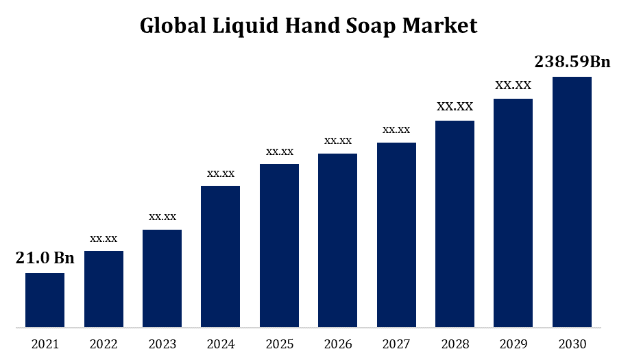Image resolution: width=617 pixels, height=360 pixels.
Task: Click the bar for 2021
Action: pyautogui.click(x=45, y=300)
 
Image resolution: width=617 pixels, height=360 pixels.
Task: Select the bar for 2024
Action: pyautogui.click(x=221, y=256)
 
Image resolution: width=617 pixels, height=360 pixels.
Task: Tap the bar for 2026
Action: pyautogui.click(x=337, y=240)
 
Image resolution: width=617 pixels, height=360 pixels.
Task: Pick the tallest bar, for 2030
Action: pyautogui.click(x=572, y=202)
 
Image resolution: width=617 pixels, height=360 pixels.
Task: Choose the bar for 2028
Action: pyautogui.click(x=455, y=224)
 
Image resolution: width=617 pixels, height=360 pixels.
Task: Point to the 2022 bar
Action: pyautogui.click(x=104, y=289)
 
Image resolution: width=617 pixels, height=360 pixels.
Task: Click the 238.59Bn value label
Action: pyautogui.click(x=572, y=62)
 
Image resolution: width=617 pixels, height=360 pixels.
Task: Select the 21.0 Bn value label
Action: pyautogui.click(x=45, y=258)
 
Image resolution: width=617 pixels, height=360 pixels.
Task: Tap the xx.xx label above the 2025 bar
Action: pyautogui.click(x=280, y=151)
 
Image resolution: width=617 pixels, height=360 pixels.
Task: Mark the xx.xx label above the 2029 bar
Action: pyautogui.click(x=513, y=85)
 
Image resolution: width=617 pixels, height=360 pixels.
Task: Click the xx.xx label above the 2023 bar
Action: pyautogui.click(x=162, y=217)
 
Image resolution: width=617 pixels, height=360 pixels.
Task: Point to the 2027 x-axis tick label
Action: pyautogui.click(x=396, y=343)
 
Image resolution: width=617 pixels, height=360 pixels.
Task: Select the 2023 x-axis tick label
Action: pyautogui.click(x=162, y=343)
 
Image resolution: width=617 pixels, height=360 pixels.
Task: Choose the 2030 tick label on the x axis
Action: pyautogui.click(x=572, y=343)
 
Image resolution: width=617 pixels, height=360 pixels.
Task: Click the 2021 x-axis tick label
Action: pyautogui.click(x=45, y=343)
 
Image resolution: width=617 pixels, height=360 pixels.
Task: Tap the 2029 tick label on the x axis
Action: pyautogui.click(x=513, y=343)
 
